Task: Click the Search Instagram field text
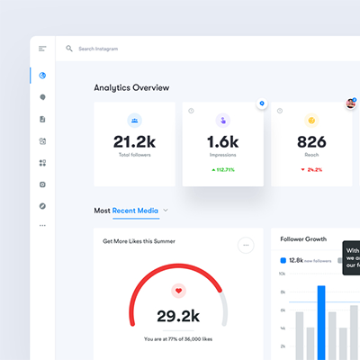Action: (x=99, y=49)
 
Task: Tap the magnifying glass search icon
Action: (x=69, y=49)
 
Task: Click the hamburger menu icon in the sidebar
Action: (x=42, y=49)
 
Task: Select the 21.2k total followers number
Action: (x=134, y=141)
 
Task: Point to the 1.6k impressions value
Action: (x=222, y=141)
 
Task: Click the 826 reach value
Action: (x=310, y=141)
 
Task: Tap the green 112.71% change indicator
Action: (x=222, y=169)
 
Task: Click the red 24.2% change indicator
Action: (x=310, y=169)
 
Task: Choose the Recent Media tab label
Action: (x=135, y=211)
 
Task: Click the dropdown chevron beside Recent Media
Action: (x=166, y=211)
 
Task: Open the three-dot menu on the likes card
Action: (x=246, y=245)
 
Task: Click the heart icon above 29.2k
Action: (x=178, y=291)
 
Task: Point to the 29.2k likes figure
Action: (x=178, y=315)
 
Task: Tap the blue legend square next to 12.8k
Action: (x=283, y=260)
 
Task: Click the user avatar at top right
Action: (x=350, y=104)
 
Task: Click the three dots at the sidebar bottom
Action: (x=42, y=226)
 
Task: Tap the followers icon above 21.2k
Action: (x=134, y=119)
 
